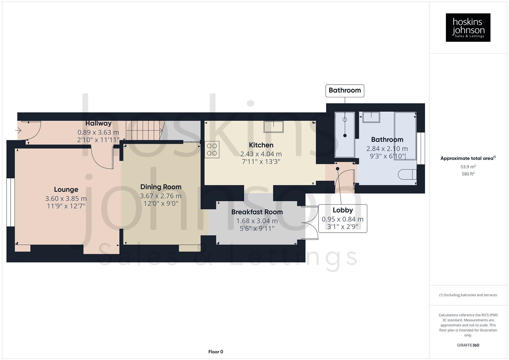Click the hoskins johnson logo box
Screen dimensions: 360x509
pyautogui.click(x=468, y=28)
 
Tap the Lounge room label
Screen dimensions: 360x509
pyautogui.click(x=66, y=190)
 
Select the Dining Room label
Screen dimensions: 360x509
pyautogui.click(x=161, y=187)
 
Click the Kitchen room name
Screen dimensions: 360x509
pyautogui.click(x=261, y=145)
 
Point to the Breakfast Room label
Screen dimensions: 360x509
pyautogui.click(x=257, y=212)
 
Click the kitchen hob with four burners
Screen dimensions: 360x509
pyautogui.click(x=212, y=150)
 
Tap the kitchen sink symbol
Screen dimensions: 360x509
pyautogui.click(x=273, y=127)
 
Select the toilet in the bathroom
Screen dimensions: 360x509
pyautogui.click(x=407, y=174)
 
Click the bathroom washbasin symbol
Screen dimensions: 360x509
pyautogui.click(x=371, y=117)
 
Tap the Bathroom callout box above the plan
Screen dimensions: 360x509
pyautogui.click(x=345, y=90)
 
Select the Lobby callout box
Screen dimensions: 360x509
pyautogui.click(x=342, y=218)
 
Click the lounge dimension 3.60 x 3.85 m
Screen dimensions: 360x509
pyautogui.click(x=66, y=199)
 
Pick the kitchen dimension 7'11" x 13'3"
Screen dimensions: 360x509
pyautogui.click(x=261, y=162)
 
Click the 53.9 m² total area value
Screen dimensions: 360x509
pyautogui.click(x=468, y=167)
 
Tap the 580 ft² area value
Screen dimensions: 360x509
pyautogui.click(x=468, y=174)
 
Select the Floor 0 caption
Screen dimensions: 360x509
pyautogui.click(x=216, y=352)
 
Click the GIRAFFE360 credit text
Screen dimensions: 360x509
pyautogui.click(x=468, y=345)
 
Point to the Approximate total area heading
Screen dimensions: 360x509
pyautogui.click(x=468, y=158)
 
